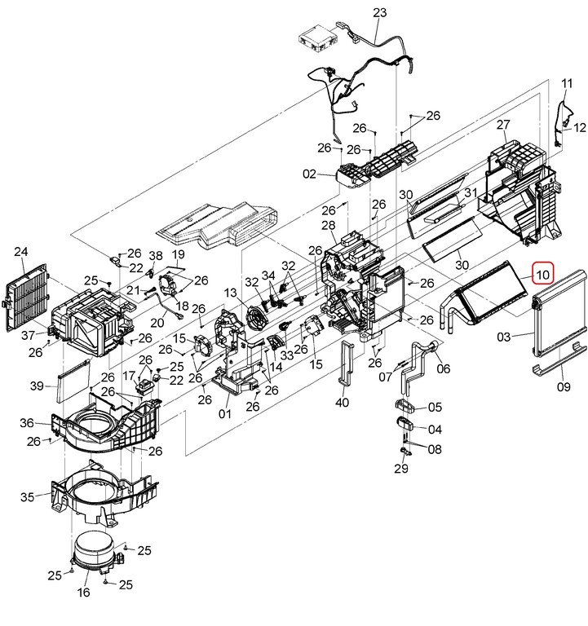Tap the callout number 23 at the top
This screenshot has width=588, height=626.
[379, 12]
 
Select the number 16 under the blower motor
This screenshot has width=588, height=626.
[83, 593]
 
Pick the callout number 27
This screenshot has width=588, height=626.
[503, 125]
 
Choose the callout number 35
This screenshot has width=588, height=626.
[28, 497]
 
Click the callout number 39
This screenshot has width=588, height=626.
[36, 385]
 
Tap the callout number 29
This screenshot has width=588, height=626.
[400, 469]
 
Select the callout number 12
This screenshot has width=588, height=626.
[580, 128]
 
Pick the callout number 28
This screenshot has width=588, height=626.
[329, 225]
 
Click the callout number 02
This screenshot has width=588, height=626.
[309, 174]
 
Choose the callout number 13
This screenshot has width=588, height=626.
[231, 293]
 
